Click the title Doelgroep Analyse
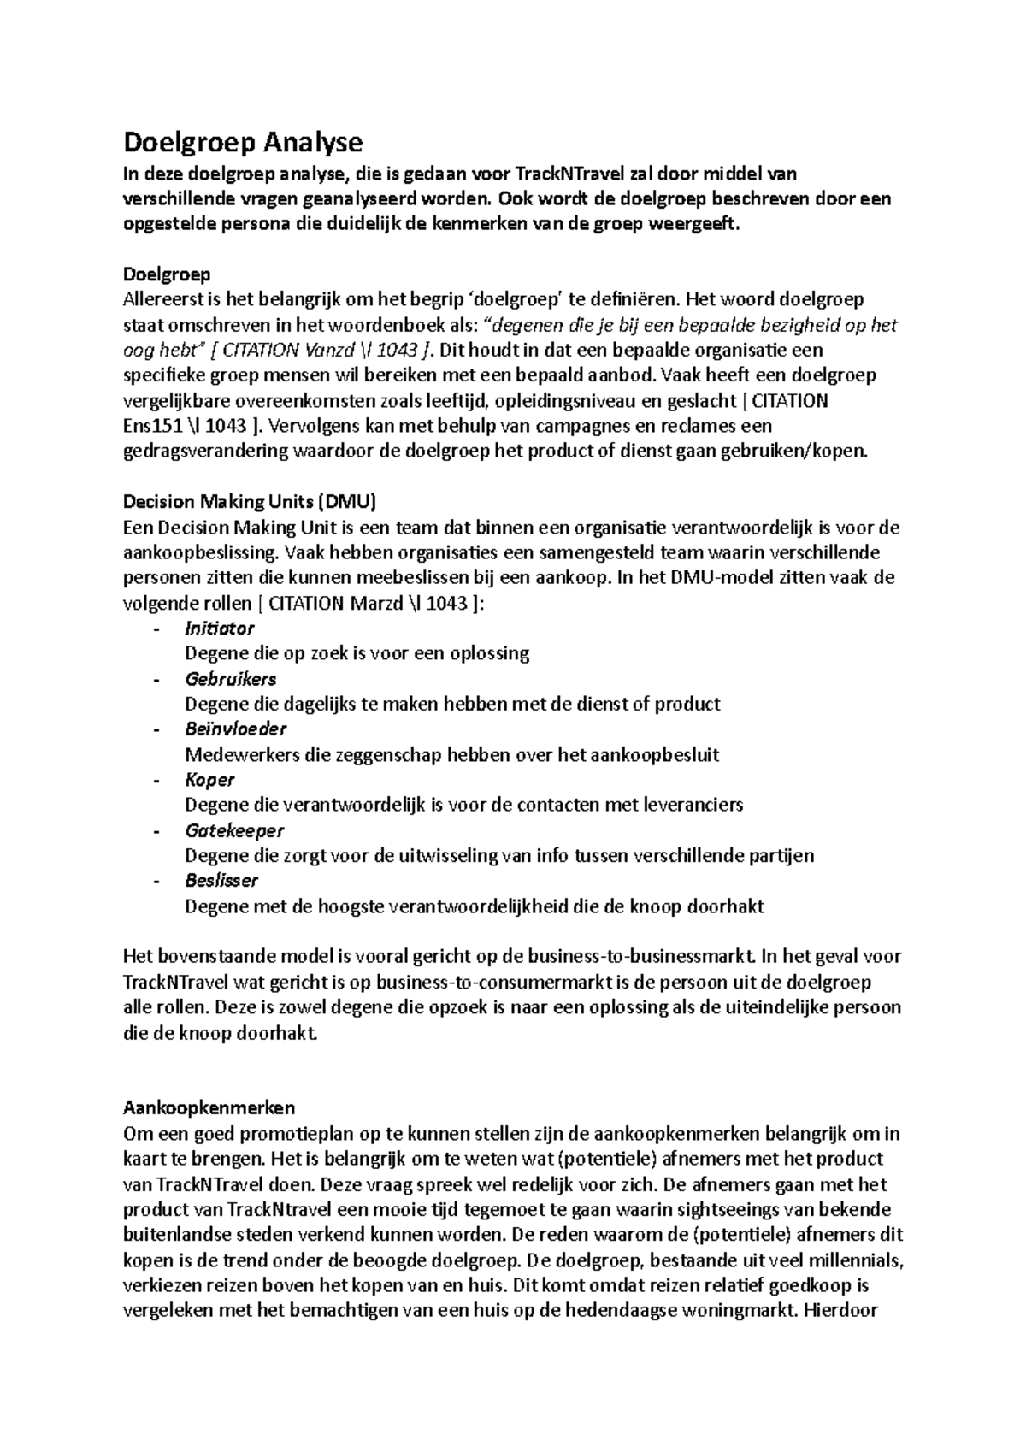click(243, 141)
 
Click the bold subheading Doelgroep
click(167, 274)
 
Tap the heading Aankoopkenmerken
click(209, 1108)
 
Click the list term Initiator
click(220, 629)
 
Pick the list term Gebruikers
click(231, 679)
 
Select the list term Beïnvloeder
click(236, 729)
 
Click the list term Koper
click(209, 780)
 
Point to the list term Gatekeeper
click(234, 830)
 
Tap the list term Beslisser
click(221, 881)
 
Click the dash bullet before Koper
click(156, 780)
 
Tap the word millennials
click(851, 1260)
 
